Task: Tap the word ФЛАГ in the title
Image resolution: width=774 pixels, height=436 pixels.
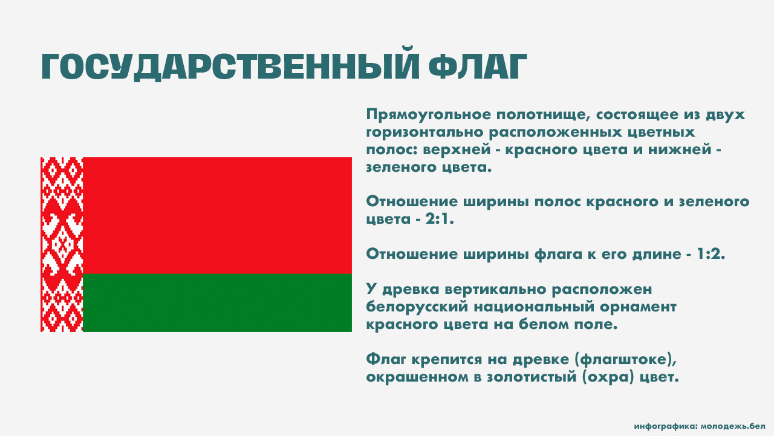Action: point(478,67)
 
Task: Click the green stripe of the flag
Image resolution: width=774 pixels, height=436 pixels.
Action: point(217,302)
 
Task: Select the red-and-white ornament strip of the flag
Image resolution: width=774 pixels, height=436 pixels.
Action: point(62,244)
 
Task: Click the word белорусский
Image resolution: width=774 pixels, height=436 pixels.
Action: point(417,307)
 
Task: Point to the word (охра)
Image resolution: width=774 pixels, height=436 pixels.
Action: point(608,377)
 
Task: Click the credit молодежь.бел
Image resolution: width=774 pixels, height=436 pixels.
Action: point(733,426)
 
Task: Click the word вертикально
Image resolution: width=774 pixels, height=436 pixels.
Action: point(495,290)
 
